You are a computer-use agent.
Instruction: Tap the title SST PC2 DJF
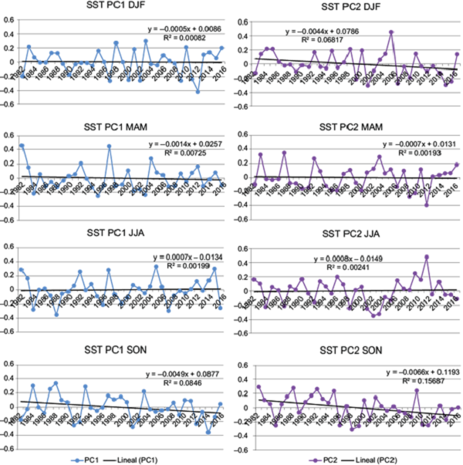coord(350,6)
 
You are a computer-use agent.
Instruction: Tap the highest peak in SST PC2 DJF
coord(391,32)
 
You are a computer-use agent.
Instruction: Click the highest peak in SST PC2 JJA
coord(427,257)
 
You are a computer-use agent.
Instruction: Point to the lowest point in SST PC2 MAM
coord(427,204)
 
